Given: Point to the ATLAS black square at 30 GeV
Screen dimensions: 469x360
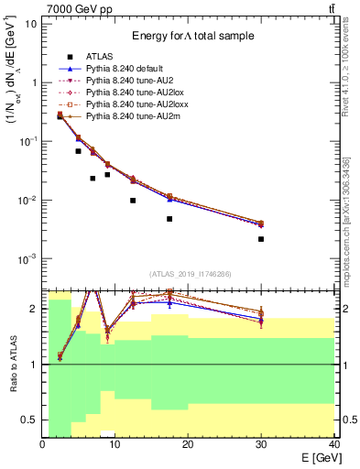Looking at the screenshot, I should (261, 239).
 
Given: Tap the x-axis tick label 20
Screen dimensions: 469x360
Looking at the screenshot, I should (188, 444).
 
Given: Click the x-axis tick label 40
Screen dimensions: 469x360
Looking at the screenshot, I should (333, 444).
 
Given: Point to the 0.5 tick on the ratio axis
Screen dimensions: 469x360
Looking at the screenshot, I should (30, 420).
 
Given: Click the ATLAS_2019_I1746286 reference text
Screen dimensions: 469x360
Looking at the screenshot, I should (190, 274).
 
